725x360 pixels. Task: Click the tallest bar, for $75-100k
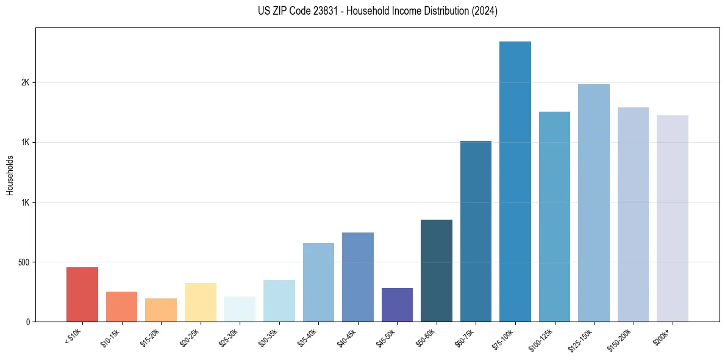pyautogui.click(x=515, y=181)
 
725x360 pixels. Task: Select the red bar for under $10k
pyautogui.click(x=82, y=294)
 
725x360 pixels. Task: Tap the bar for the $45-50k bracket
pyautogui.click(x=397, y=304)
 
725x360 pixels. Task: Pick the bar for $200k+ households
pyautogui.click(x=673, y=218)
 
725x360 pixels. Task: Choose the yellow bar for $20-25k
pyautogui.click(x=201, y=302)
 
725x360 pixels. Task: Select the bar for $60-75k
pyautogui.click(x=476, y=231)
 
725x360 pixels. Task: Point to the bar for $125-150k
pyautogui.click(x=594, y=203)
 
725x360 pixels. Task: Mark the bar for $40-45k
pyautogui.click(x=358, y=277)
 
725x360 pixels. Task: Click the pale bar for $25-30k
pyautogui.click(x=240, y=309)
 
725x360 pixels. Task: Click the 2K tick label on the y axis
pyautogui.click(x=26, y=83)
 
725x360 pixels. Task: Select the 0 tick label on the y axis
pyautogui.click(x=28, y=322)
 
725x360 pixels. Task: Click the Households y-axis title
pyautogui.click(x=10, y=175)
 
